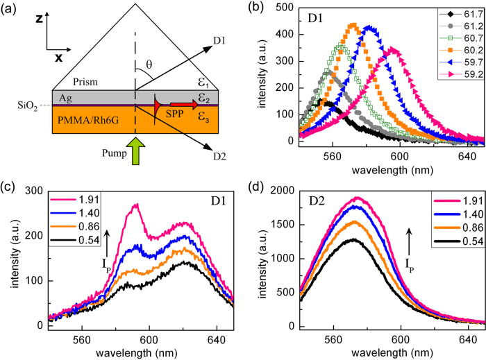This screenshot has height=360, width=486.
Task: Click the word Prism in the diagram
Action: pyautogui.click(x=70, y=80)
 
